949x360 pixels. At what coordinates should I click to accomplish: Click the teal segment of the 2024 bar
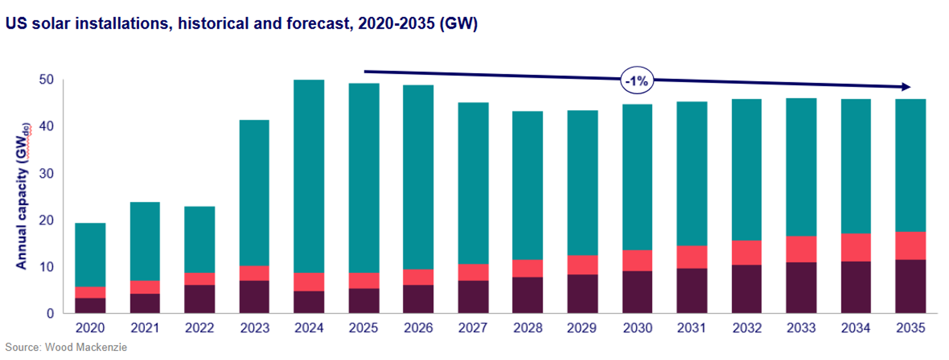pos(309,176)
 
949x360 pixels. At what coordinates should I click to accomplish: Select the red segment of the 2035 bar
pos(911,246)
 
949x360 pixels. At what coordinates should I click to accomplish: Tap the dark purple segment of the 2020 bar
pos(90,306)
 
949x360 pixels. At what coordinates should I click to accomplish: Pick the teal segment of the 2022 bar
pos(199,239)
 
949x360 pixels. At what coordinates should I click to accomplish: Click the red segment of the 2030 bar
pos(637,260)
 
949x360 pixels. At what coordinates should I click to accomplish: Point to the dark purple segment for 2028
pos(528,295)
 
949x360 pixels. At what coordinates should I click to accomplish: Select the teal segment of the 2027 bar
pos(473,183)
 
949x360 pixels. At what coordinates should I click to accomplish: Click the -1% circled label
pos(637,81)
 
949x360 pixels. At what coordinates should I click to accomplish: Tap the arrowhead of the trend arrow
pos(906,87)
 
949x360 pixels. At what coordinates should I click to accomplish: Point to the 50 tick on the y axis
pos(46,80)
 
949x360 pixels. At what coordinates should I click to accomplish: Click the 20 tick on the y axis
pos(46,220)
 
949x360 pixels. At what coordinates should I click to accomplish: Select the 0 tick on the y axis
pos(50,314)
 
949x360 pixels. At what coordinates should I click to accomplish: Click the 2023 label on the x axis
pos(255,328)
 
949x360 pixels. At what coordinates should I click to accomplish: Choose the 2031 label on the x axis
pos(691,328)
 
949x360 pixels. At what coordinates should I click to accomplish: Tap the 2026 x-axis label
pos(418,328)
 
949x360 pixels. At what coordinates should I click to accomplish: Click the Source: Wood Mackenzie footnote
pos(66,347)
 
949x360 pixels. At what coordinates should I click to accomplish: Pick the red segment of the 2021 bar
pos(145,287)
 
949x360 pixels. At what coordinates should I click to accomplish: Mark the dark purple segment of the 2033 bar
pos(801,288)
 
